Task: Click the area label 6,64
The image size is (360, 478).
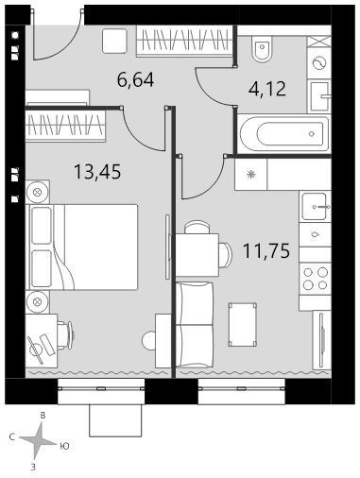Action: click(135, 79)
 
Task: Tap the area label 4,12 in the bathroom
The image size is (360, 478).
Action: click(267, 89)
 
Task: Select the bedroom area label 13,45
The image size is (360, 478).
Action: click(97, 172)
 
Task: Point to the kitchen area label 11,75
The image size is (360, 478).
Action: click(266, 251)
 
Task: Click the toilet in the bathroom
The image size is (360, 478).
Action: click(262, 50)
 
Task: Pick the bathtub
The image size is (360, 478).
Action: click(283, 134)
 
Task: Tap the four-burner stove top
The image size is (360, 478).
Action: click(315, 279)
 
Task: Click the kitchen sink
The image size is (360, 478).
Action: click(315, 207)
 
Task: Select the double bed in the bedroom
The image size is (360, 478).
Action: click(83, 247)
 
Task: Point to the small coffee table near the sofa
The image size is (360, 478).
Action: click(243, 325)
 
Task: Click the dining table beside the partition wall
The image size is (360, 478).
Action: click(197, 255)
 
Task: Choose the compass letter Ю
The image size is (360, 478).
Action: click(64, 446)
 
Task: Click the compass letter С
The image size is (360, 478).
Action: click(12, 437)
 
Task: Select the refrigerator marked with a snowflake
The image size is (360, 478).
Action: click(251, 174)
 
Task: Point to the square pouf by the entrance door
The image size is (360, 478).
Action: click(114, 42)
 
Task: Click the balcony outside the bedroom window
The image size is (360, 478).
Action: click(115, 420)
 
